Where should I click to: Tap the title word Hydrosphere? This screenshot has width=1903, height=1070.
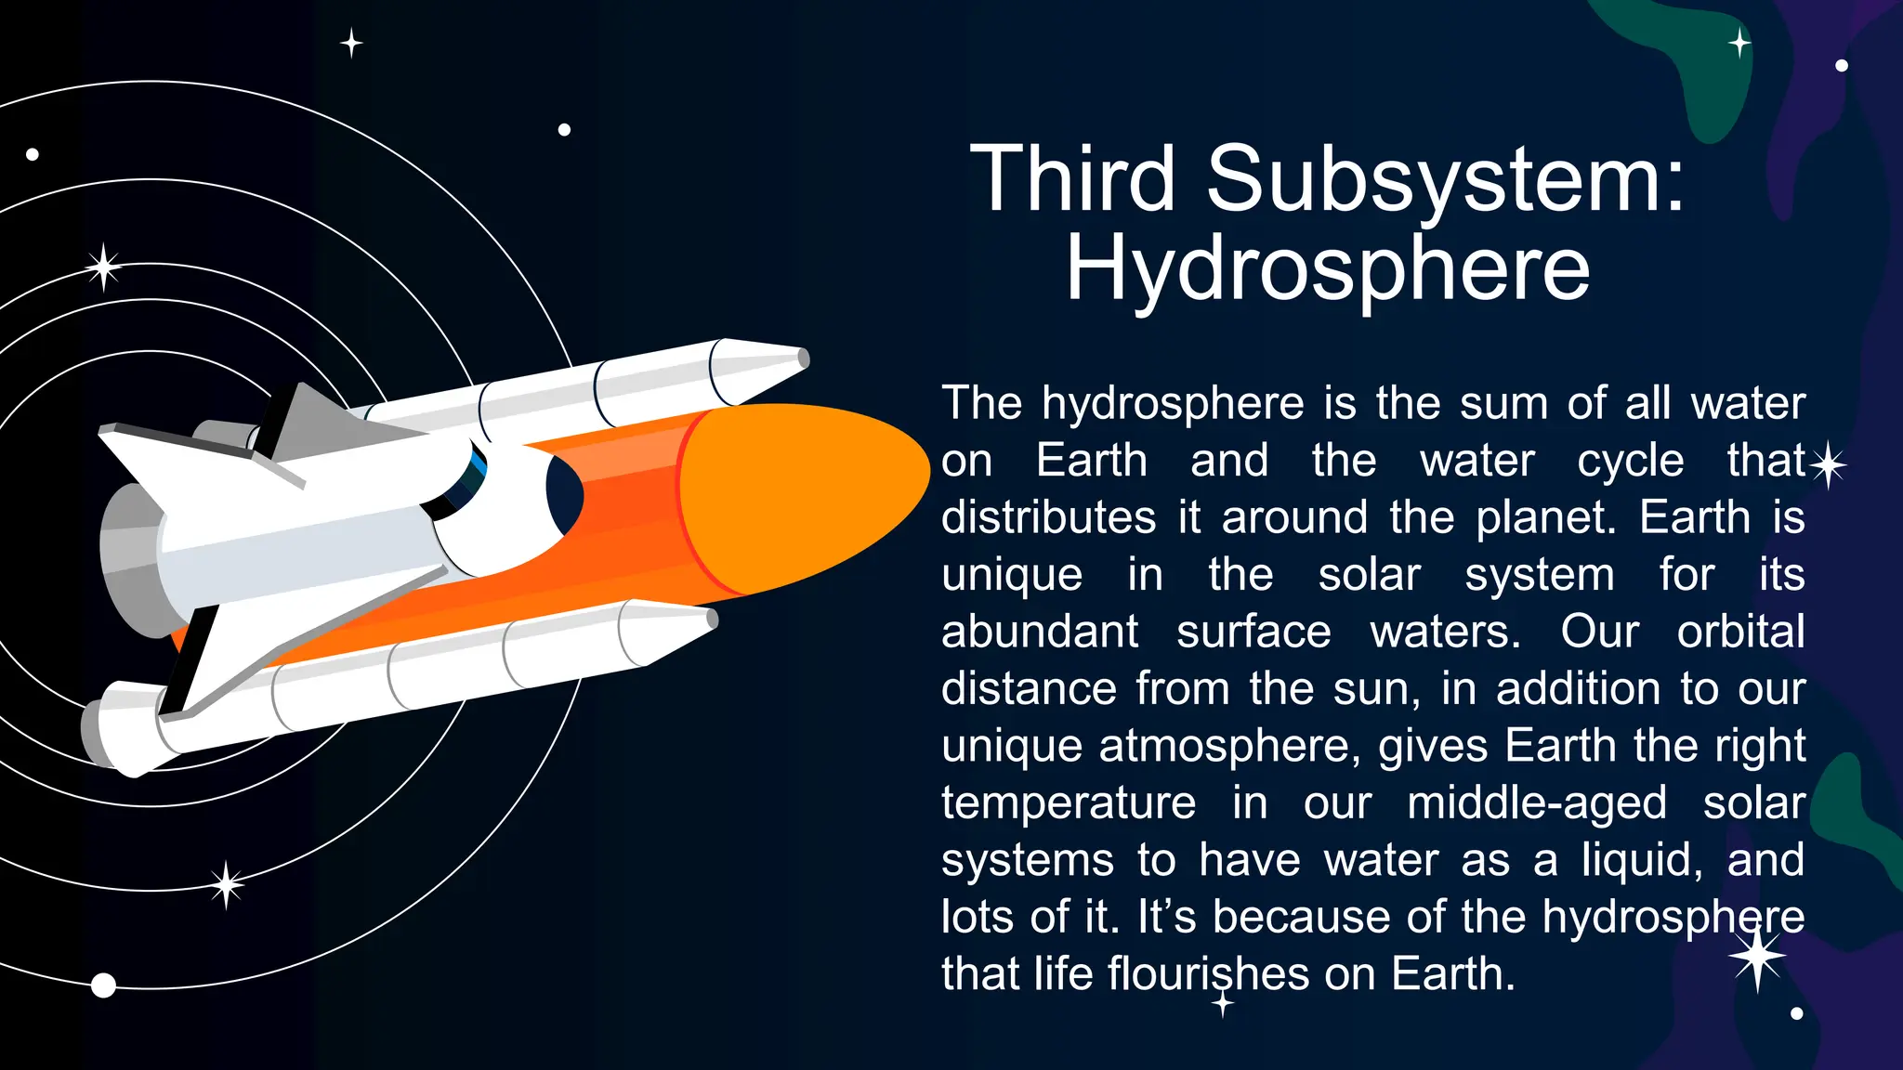tap(1328, 269)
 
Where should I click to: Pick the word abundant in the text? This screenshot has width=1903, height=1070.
tap(1039, 633)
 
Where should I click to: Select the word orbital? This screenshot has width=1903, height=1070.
tap(1740, 632)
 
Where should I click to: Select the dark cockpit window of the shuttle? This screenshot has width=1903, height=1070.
tap(563, 495)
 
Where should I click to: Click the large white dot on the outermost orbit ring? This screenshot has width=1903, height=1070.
tap(103, 985)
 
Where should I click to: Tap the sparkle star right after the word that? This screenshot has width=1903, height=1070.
tap(1828, 464)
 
